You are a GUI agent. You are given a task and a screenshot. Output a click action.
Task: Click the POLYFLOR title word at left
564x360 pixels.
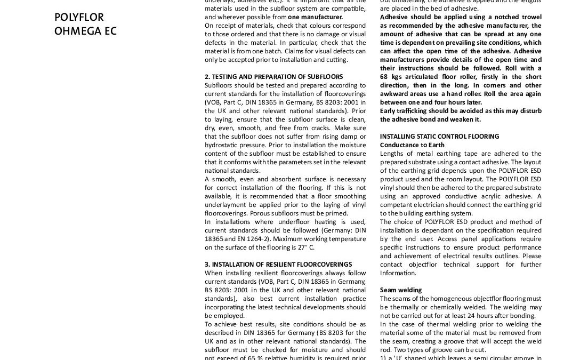coord(79,18)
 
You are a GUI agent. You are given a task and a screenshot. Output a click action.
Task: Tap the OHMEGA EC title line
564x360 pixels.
coord(85,31)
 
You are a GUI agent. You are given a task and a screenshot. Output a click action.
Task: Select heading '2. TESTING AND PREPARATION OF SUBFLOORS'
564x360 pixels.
coord(273,77)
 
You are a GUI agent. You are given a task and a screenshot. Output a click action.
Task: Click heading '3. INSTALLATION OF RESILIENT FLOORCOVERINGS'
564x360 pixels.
coord(278,265)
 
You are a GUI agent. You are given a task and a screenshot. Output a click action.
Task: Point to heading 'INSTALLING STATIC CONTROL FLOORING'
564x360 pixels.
coord(439,137)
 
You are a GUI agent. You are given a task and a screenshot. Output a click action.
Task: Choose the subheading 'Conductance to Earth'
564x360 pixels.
coord(412,145)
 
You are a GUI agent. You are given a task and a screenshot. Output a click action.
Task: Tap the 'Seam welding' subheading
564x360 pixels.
coord(401,290)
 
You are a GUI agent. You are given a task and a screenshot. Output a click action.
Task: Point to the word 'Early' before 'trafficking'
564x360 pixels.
coord(389,111)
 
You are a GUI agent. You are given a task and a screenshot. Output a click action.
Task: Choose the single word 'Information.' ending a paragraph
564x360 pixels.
coord(398,273)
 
